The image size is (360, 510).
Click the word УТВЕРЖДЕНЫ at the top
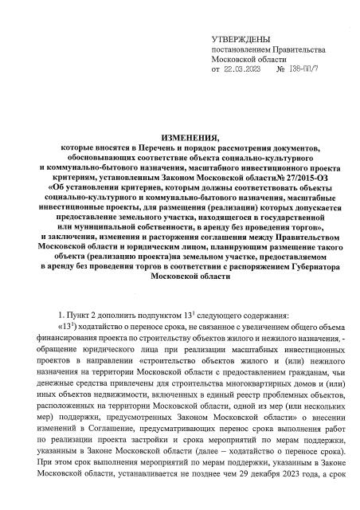pyautogui.click(x=241, y=39)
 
